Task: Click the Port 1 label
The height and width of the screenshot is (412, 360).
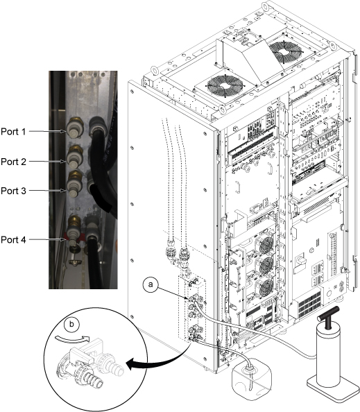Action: (x=13, y=131)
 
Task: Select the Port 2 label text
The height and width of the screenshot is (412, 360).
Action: (x=13, y=162)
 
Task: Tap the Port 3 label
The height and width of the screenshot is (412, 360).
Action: (x=13, y=191)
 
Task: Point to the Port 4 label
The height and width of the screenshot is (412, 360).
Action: (x=13, y=239)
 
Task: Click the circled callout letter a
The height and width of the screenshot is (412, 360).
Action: (x=151, y=284)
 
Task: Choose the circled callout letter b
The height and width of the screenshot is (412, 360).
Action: (x=71, y=325)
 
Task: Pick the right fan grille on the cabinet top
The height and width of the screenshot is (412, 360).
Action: (x=286, y=51)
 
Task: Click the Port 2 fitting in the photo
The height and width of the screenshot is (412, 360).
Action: (x=75, y=157)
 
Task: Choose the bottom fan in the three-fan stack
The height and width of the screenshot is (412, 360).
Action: (x=266, y=289)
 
